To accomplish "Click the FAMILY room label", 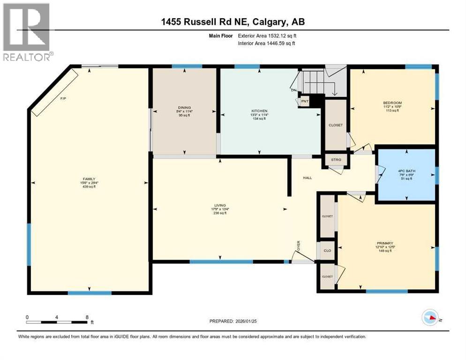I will (89, 179).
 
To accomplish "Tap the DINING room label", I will (184, 107).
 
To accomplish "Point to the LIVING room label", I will (220, 205).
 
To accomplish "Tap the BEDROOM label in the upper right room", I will (392, 103).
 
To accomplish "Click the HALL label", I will (307, 178).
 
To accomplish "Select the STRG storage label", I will (336, 160).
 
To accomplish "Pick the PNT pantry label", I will (305, 101).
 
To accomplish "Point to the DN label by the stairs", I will (294, 90).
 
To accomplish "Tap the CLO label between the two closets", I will (327, 251).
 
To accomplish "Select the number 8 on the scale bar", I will (87, 317).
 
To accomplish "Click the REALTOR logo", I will (27, 32).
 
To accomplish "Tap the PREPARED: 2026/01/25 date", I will (233, 321).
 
